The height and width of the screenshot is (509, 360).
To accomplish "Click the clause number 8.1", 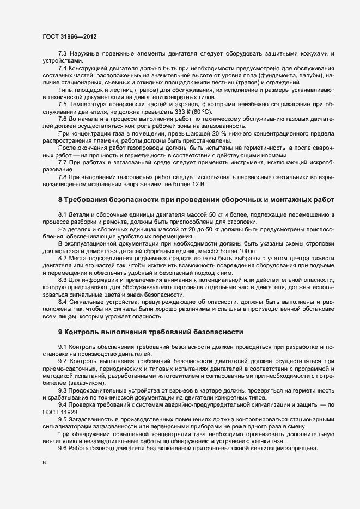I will (63, 215).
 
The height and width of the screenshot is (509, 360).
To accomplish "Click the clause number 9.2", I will (63, 361).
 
